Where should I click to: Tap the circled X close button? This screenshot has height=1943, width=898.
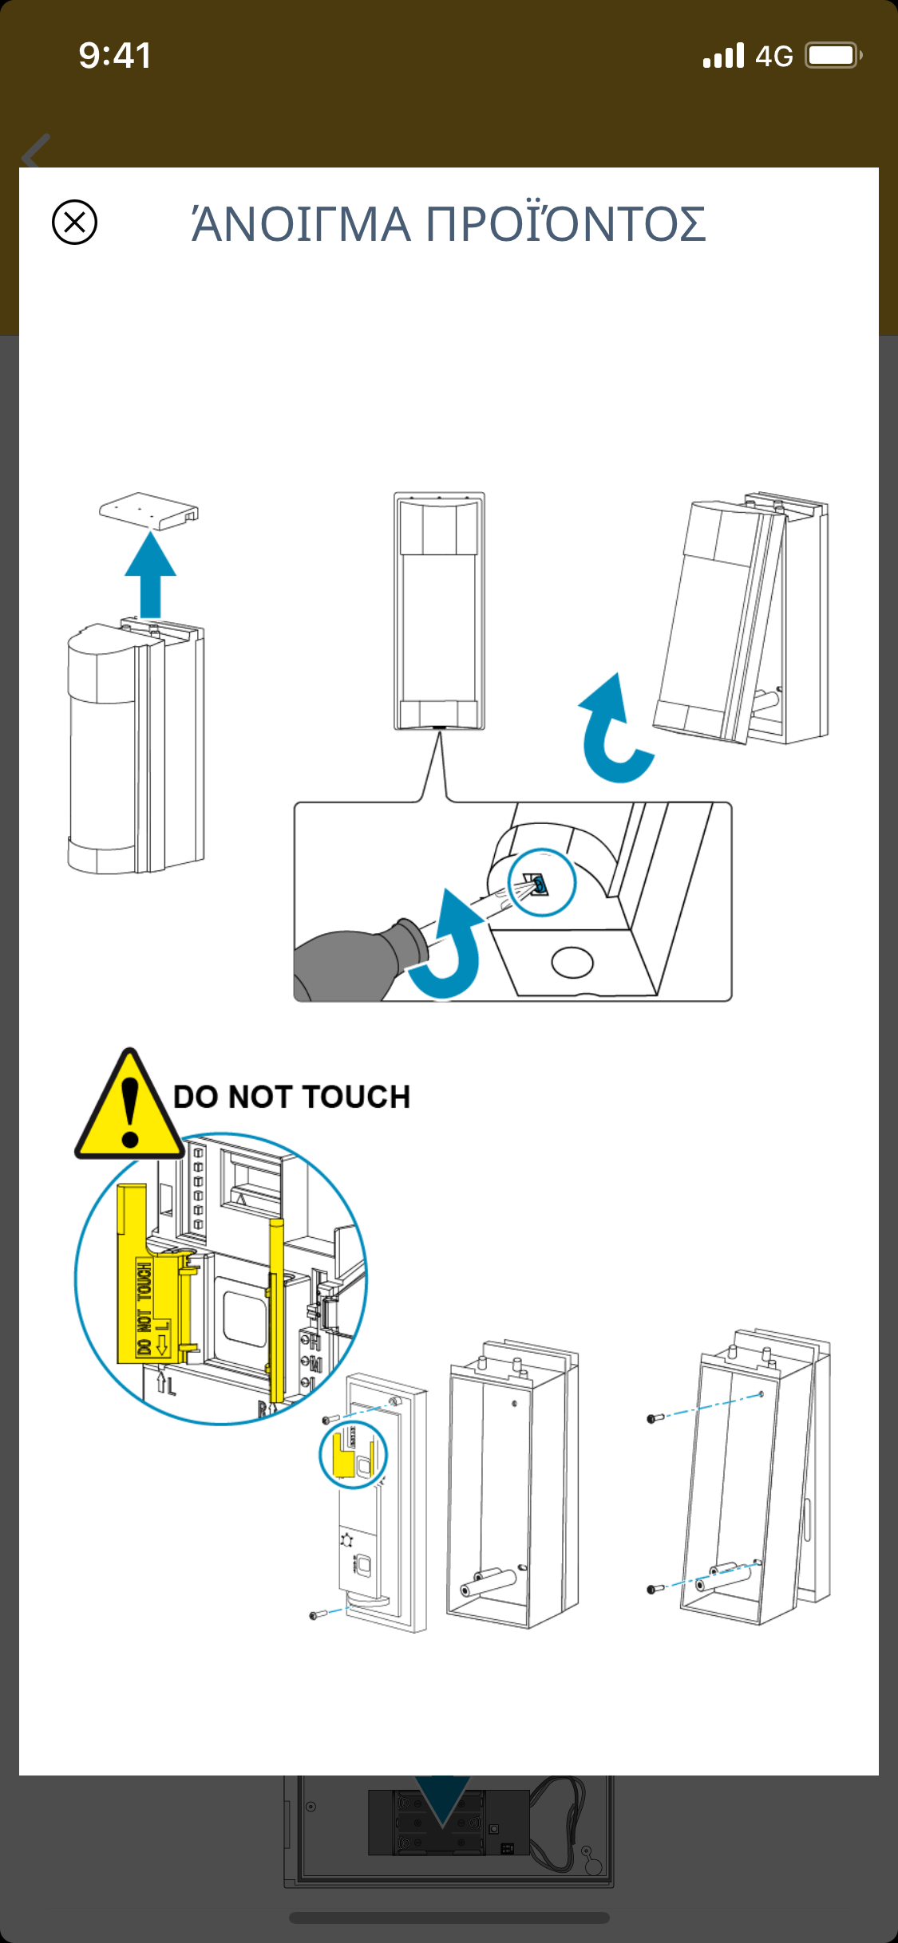(x=74, y=222)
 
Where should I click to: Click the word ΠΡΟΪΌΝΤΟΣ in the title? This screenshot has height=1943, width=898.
(x=566, y=224)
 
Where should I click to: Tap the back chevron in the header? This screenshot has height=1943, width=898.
(x=36, y=151)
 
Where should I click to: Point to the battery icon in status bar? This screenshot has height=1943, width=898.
(x=833, y=56)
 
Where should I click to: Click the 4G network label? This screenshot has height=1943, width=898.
(x=773, y=57)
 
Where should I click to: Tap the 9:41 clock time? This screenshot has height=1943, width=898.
(x=115, y=56)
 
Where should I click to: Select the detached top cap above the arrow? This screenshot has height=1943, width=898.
(x=149, y=510)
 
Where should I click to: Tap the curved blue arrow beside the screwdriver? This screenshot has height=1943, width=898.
(x=451, y=949)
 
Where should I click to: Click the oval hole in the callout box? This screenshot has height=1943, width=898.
(x=572, y=963)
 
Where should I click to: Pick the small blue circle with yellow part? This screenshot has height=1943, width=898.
(x=353, y=1454)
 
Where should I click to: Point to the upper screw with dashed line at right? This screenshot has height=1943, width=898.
(x=655, y=1418)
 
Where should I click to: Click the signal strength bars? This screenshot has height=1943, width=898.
(x=723, y=56)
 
